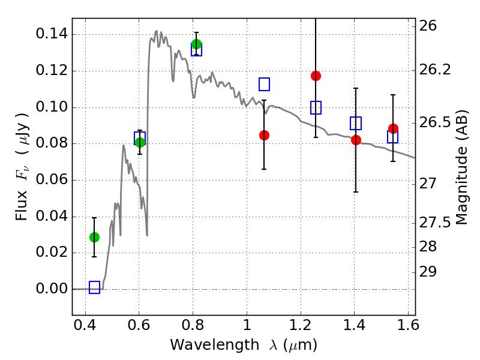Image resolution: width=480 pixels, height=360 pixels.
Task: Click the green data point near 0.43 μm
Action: click(94, 237)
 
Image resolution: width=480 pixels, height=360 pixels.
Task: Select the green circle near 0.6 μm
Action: click(140, 142)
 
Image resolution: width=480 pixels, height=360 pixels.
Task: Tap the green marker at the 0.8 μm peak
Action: click(196, 44)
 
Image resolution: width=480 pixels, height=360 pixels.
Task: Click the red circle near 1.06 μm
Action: click(264, 135)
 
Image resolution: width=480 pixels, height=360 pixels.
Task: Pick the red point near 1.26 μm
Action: click(316, 76)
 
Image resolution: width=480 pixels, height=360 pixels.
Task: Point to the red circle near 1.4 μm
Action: click(356, 140)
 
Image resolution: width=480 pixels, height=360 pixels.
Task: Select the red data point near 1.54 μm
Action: click(393, 128)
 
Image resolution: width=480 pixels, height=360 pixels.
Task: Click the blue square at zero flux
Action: click(94, 287)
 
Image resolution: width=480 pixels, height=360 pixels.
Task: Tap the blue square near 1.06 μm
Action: click(264, 84)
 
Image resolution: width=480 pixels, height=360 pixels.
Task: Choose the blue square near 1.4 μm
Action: click(356, 123)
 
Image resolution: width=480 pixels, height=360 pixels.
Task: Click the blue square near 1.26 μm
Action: click(316, 108)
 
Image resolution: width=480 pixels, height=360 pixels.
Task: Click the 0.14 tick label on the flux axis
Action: click(52, 34)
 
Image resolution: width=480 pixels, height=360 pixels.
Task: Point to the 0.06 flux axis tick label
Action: click(52, 180)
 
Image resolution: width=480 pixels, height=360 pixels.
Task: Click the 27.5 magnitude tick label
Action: click(437, 223)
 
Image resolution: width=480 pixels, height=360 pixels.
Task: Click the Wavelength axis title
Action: click(243, 345)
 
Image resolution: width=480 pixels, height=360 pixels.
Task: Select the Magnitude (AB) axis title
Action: click(462, 167)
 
